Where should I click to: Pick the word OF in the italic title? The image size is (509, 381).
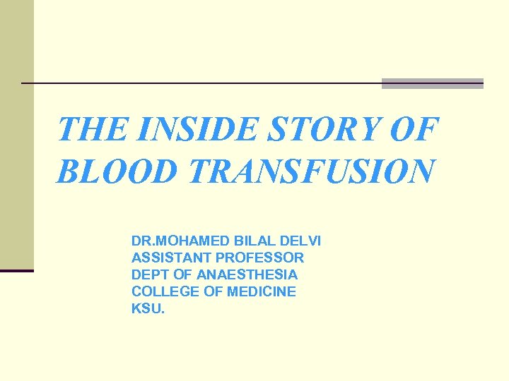[x=418, y=129]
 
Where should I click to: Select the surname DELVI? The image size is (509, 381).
[x=301, y=241]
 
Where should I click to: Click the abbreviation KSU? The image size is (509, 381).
[x=147, y=308]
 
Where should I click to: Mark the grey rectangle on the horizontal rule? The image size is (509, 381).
[x=432, y=83]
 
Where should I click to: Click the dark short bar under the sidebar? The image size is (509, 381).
[x=16, y=271]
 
